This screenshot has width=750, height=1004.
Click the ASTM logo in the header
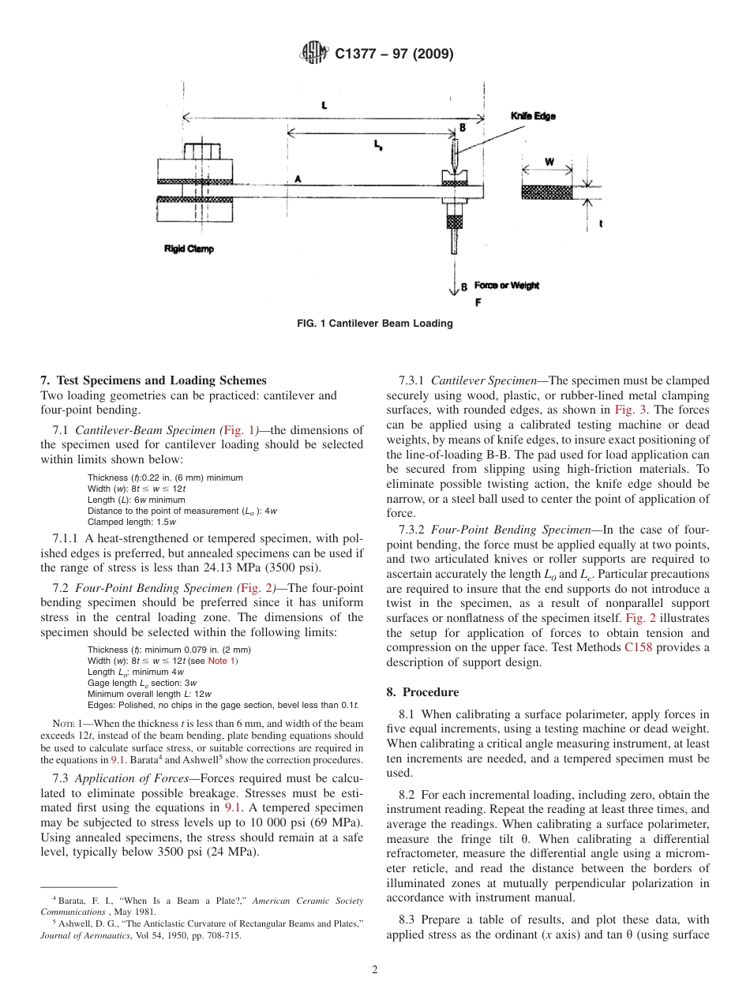click(313, 54)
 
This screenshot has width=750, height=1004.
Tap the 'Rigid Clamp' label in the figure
click(189, 249)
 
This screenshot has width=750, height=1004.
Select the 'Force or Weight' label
click(506, 286)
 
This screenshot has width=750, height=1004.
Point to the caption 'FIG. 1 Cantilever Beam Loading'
click(374, 324)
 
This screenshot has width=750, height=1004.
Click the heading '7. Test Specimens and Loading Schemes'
click(153, 380)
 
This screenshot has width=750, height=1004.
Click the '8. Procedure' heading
click(422, 692)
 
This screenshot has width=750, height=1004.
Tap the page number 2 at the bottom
click(375, 970)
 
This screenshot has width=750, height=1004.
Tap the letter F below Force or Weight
click(478, 302)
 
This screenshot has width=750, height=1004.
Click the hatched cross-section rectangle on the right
click(547, 192)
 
